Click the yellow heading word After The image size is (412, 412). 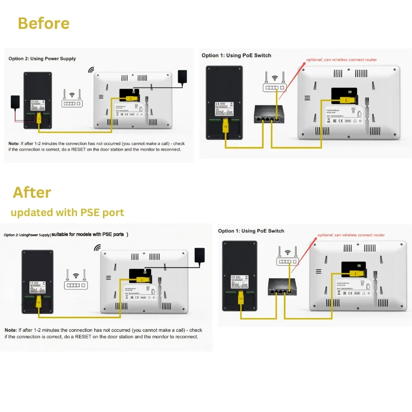click(x=32, y=192)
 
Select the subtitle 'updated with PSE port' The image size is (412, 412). click(x=67, y=212)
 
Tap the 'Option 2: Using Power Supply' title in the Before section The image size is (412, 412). click(x=42, y=59)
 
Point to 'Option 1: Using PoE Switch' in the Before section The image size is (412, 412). click(x=236, y=55)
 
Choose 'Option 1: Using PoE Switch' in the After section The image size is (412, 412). click(x=251, y=231)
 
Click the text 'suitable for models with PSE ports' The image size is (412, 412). click(x=89, y=234)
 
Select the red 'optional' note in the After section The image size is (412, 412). click(x=351, y=235)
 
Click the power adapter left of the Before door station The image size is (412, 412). click(x=15, y=101)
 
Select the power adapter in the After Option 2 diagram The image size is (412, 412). click(x=200, y=255)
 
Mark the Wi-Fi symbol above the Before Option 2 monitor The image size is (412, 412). click(x=91, y=70)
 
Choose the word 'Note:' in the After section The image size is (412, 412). click(x=11, y=330)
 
